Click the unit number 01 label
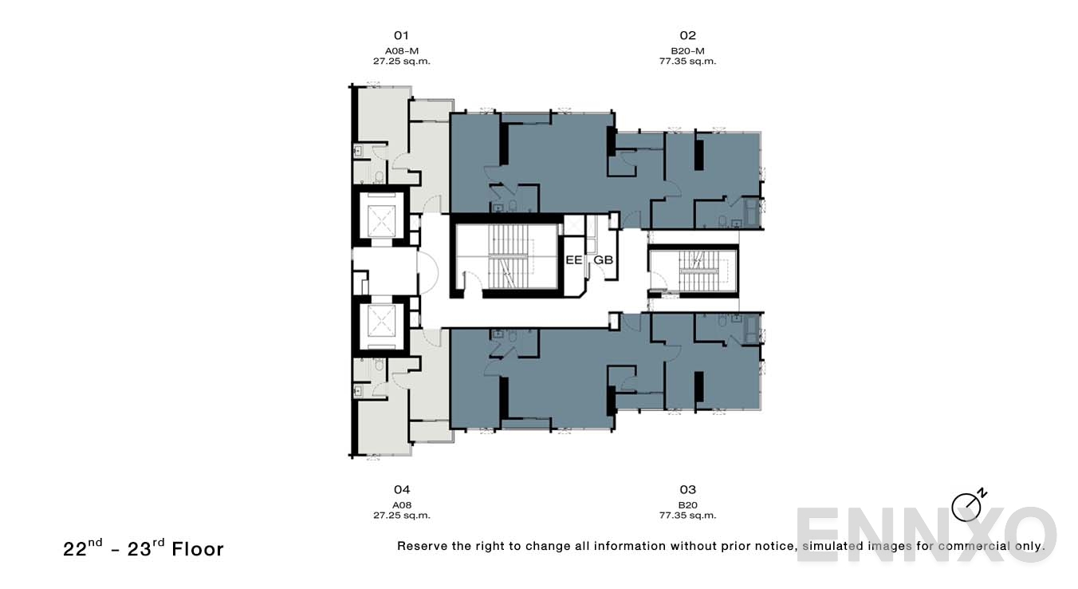(x=401, y=35)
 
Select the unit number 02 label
(x=687, y=35)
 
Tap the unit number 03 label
(x=687, y=489)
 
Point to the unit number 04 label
(x=401, y=489)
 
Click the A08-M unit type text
(x=401, y=50)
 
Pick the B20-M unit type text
(x=687, y=50)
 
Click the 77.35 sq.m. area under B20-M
(x=687, y=61)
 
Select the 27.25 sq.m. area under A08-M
(x=401, y=61)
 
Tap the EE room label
(x=573, y=260)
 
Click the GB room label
(x=603, y=260)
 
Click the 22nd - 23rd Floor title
(x=144, y=547)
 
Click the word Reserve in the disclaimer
(x=423, y=547)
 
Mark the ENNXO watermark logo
(x=925, y=534)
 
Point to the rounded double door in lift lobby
(x=429, y=271)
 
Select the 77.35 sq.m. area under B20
(x=687, y=515)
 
